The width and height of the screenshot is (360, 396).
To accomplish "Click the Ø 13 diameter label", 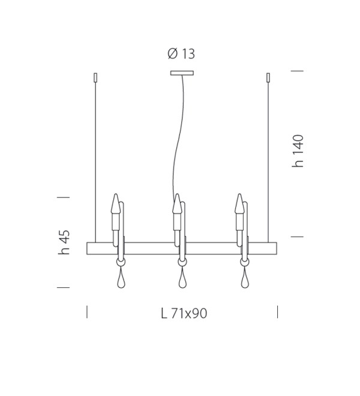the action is (181, 54).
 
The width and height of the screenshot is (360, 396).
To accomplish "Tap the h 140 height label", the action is (298, 151).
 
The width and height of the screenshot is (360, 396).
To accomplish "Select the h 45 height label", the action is (64, 242).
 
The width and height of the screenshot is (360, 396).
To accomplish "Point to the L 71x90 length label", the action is (184, 313).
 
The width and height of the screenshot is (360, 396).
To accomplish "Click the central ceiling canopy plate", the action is (182, 73).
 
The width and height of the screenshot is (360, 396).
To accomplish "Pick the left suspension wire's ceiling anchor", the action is (95, 77).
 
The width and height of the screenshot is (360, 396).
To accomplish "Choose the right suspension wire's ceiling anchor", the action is (268, 77).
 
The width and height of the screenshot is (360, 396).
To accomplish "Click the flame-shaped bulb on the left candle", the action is (115, 203).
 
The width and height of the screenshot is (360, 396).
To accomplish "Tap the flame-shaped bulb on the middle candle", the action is (177, 203).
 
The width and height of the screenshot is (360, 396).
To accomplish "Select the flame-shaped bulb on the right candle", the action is (239, 203).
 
